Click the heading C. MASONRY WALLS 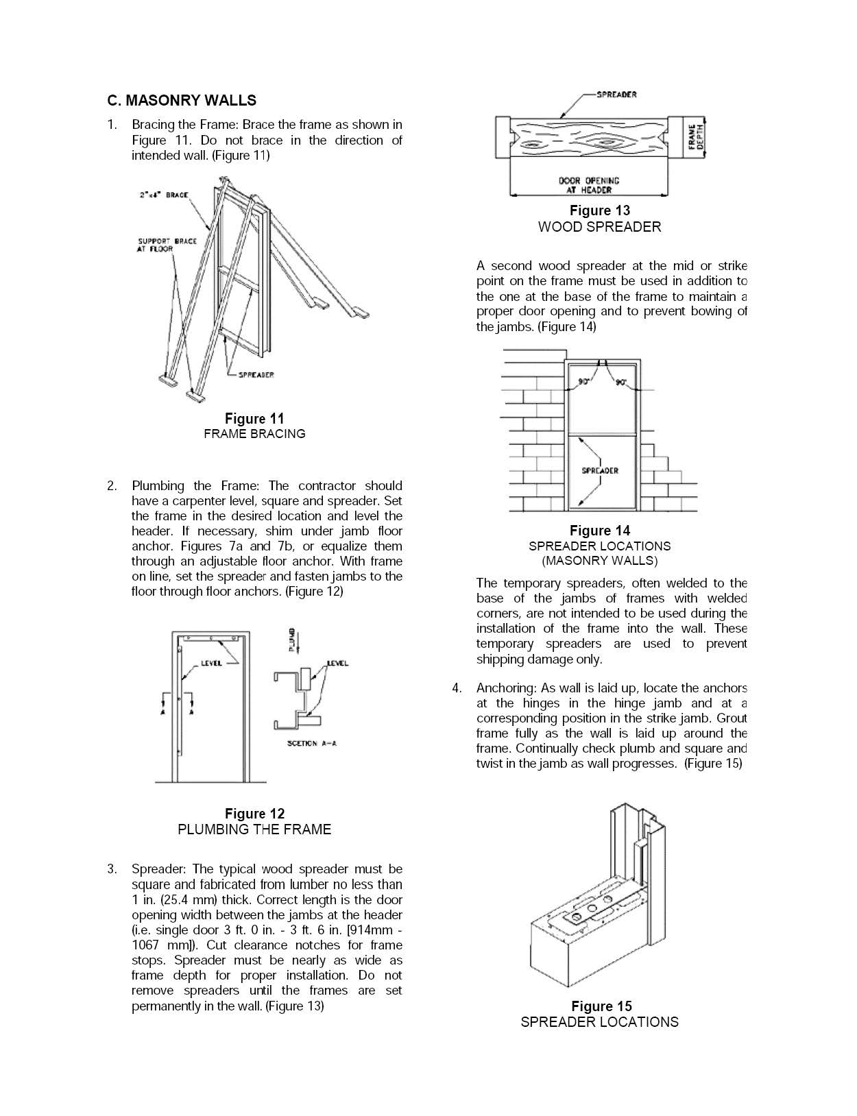[x=182, y=101]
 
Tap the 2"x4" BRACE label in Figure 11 [x=164, y=195]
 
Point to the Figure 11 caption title [x=254, y=418]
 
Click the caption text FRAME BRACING [x=254, y=434]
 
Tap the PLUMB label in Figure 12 [x=292, y=640]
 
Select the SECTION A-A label [x=312, y=744]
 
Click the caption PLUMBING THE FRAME [x=254, y=829]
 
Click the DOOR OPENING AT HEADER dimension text [x=588, y=185]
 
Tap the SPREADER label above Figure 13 [x=616, y=95]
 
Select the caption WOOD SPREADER [x=599, y=227]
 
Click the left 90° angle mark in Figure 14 [x=584, y=382]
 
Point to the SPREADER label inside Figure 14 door [x=600, y=471]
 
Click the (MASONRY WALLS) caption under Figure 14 [x=599, y=561]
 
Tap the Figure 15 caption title [x=601, y=1006]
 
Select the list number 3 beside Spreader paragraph [x=111, y=869]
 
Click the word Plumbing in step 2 [x=158, y=486]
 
